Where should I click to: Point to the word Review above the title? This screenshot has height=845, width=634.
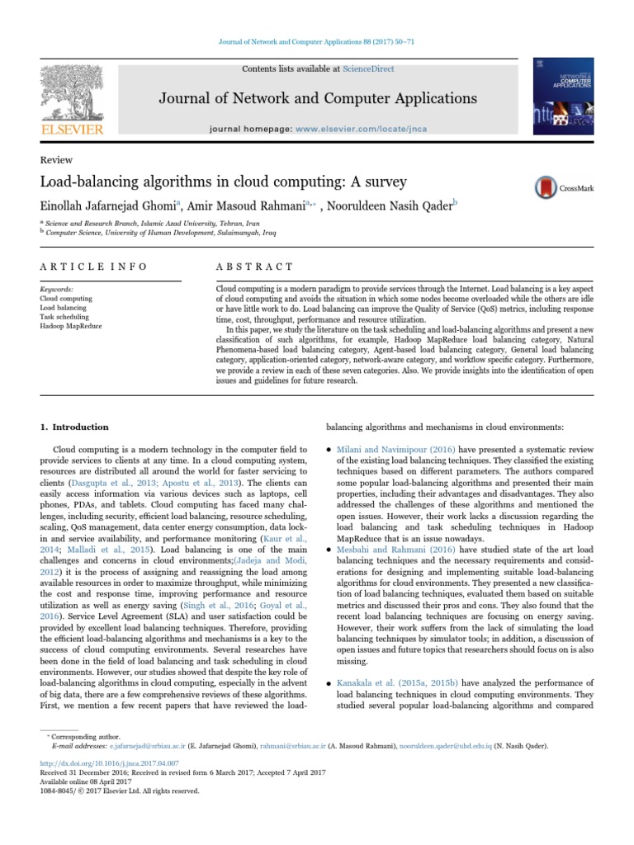pyautogui.click(x=55, y=160)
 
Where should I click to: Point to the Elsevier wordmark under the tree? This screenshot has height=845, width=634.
pyautogui.click(x=73, y=130)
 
